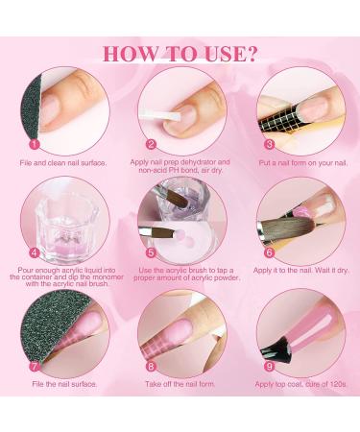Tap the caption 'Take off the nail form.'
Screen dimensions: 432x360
click(x=180, y=382)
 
